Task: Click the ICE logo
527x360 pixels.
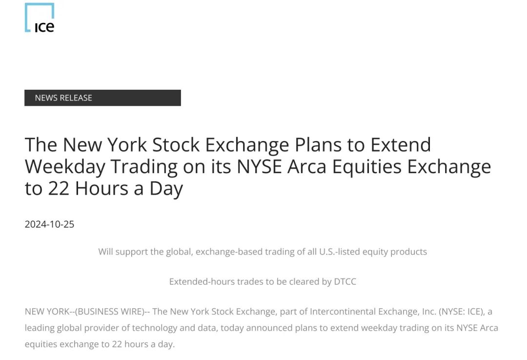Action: click(40, 18)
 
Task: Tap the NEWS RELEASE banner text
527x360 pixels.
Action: click(63, 98)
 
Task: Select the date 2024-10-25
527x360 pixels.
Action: click(49, 224)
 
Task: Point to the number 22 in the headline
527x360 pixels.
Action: click(59, 188)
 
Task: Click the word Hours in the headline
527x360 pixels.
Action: click(101, 188)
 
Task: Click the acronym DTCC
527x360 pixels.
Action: click(345, 281)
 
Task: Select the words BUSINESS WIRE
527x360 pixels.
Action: click(110, 312)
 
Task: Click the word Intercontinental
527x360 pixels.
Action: click(343, 312)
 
